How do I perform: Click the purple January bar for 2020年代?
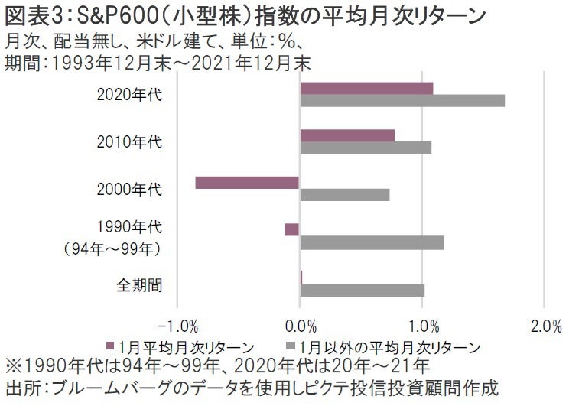[366, 88]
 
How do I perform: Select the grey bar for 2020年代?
[402, 101]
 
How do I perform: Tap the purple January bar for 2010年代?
[347, 135]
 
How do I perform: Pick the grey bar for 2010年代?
[366, 148]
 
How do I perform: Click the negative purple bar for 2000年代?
[247, 182]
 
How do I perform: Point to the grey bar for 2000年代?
[345, 195]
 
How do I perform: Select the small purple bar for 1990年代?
[291, 229]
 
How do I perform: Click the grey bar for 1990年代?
[372, 243]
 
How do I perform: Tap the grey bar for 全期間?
[362, 291]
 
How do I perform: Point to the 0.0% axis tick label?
[300, 328]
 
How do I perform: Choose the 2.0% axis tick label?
[544, 328]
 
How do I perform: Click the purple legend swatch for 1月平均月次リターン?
[112, 347]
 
